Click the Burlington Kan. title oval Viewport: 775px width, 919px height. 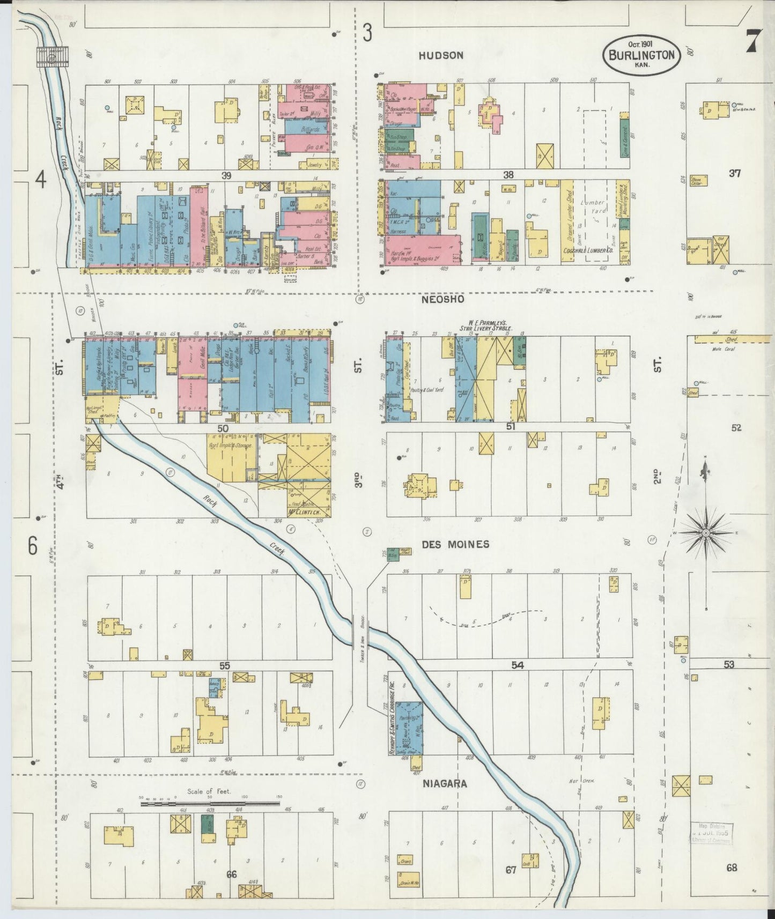(x=642, y=54)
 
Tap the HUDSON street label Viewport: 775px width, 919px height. (x=441, y=55)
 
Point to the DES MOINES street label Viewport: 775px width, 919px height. (x=455, y=544)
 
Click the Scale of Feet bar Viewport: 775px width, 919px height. (x=211, y=803)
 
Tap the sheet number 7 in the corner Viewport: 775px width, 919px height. (x=753, y=40)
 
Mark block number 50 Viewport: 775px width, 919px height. (x=223, y=428)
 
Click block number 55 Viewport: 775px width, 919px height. (x=224, y=665)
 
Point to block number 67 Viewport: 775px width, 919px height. (x=510, y=870)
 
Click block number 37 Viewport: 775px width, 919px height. (x=734, y=173)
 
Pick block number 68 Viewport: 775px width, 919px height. (x=732, y=868)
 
